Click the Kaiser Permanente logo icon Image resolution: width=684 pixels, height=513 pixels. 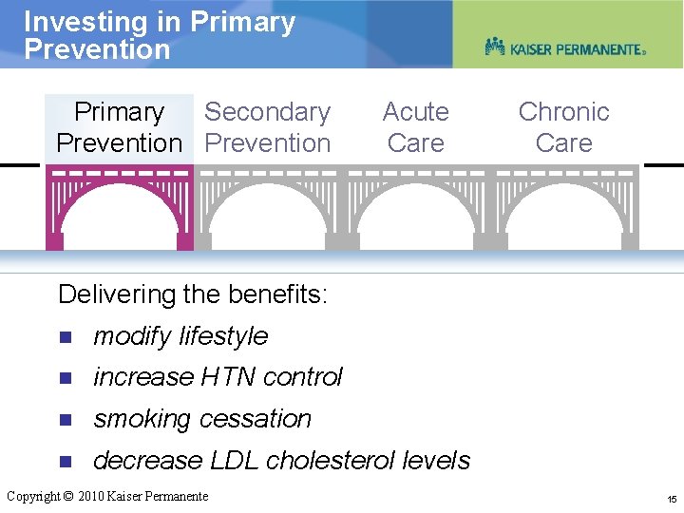click(x=495, y=47)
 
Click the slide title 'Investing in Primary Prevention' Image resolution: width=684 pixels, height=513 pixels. click(x=160, y=35)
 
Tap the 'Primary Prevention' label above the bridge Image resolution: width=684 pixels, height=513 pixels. click(x=119, y=127)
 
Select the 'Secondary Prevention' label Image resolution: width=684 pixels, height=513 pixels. click(x=267, y=127)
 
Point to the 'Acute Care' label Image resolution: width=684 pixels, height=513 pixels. click(x=415, y=127)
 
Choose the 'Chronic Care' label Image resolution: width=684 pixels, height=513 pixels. click(x=563, y=127)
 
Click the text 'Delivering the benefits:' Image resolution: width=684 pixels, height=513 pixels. click(x=193, y=294)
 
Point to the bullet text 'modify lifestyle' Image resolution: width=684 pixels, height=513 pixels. click(x=180, y=336)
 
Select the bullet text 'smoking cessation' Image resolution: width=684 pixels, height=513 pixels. click(x=202, y=419)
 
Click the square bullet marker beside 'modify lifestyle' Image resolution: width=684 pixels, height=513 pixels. click(x=65, y=337)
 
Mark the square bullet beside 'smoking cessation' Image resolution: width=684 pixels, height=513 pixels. click(x=65, y=420)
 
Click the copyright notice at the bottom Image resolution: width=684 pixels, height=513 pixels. click(x=107, y=496)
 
